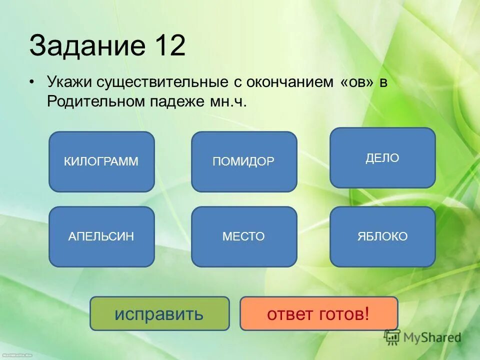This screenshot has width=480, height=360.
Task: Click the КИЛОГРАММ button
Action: [x=101, y=161]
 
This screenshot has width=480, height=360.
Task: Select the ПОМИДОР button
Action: [x=244, y=161]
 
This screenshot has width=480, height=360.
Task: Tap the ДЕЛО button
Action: [x=382, y=158]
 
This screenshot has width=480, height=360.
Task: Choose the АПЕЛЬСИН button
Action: [x=101, y=236]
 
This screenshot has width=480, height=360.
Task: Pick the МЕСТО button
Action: [x=244, y=236]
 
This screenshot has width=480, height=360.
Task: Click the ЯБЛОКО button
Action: [x=382, y=236]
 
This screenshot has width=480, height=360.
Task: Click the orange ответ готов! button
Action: [x=318, y=313]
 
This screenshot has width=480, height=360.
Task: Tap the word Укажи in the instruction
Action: [x=67, y=83]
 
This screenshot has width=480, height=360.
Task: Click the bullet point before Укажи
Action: [x=32, y=83]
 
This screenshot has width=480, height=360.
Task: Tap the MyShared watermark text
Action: [x=432, y=338]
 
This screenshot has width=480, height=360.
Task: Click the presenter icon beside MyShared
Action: [x=392, y=337]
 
